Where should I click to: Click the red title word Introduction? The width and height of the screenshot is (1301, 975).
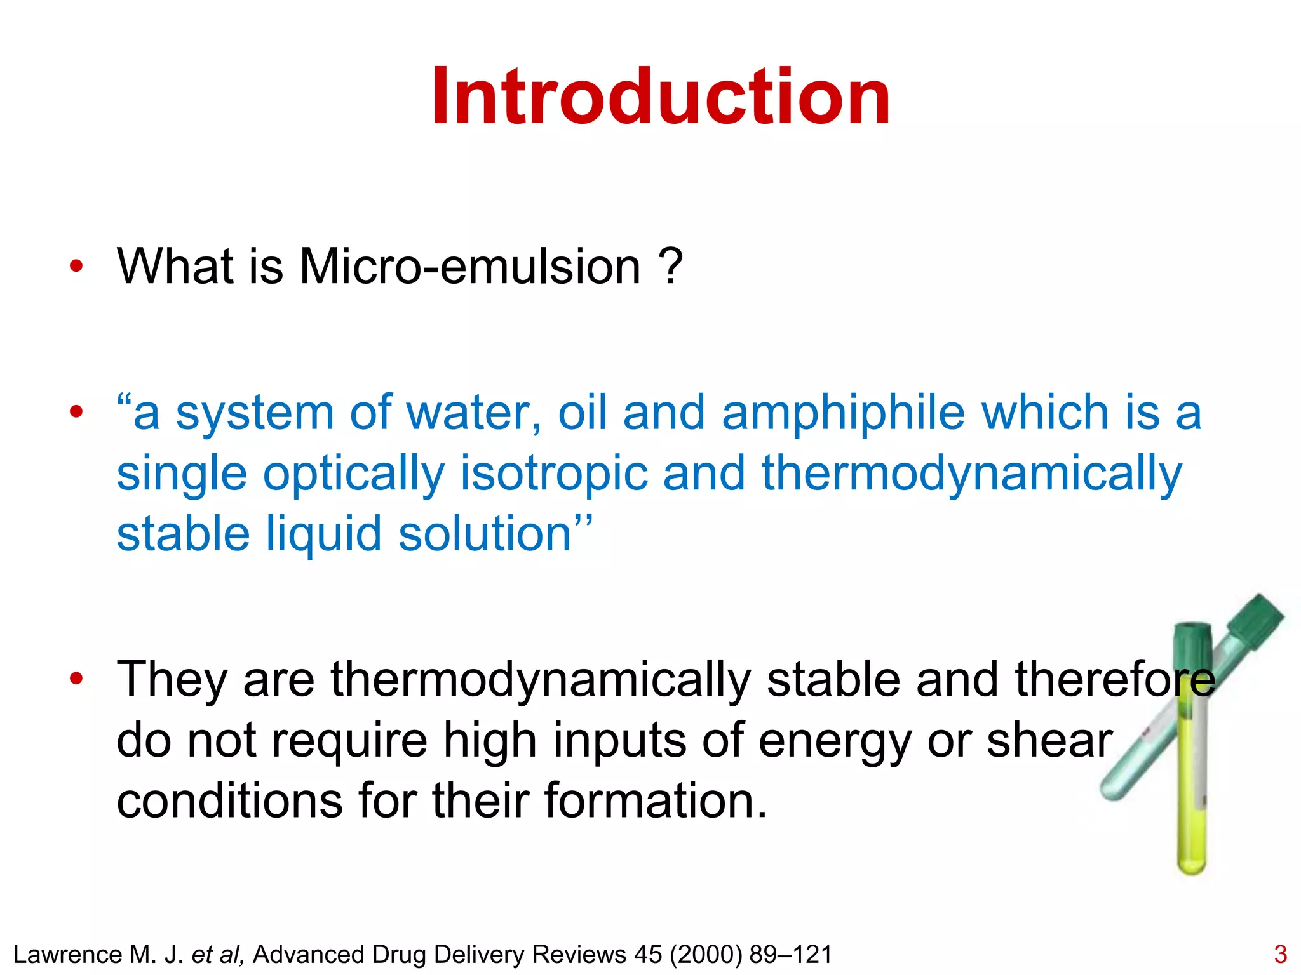click(x=661, y=97)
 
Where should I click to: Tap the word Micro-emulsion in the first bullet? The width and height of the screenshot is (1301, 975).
click(x=469, y=266)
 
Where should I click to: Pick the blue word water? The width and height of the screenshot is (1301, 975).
click(x=473, y=413)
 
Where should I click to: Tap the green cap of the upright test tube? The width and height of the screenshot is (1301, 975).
click(x=1192, y=641)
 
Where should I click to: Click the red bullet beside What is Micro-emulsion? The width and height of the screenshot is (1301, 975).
click(x=76, y=267)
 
